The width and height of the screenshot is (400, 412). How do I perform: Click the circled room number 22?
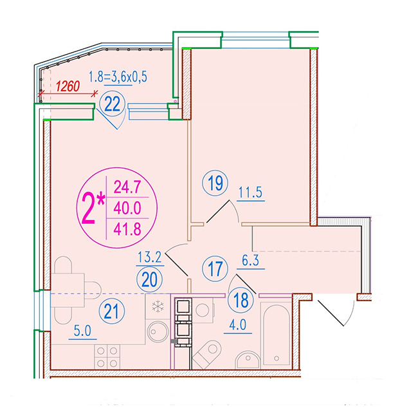tap(113, 104)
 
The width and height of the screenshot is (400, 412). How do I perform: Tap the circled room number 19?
tap(215, 183)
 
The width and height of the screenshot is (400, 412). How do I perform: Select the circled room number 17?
tap(215, 268)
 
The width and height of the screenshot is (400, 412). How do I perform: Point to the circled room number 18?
tap(241, 300)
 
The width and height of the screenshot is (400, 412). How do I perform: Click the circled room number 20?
tap(149, 279)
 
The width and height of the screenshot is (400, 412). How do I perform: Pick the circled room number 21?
tap(112, 311)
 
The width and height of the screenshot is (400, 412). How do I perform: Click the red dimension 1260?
tap(68, 86)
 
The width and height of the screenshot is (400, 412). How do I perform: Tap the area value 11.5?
tap(250, 192)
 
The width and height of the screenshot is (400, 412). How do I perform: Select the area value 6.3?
tap(250, 260)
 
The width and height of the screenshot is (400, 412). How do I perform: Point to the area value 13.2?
tap(149, 257)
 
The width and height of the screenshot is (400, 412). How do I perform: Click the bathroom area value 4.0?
tap(237, 325)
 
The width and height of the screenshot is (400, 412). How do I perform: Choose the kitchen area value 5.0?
tap(82, 331)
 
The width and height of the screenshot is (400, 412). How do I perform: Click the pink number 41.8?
tap(127, 229)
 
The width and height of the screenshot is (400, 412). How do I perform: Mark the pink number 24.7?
tap(127, 187)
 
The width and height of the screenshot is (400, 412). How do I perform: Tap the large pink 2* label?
tap(93, 208)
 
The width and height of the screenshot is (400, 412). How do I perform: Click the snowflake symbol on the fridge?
tap(158, 306)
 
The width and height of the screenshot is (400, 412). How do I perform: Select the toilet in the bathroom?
tap(207, 355)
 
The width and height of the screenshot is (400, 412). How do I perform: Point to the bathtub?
tap(276, 335)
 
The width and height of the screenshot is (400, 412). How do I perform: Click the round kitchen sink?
tap(158, 332)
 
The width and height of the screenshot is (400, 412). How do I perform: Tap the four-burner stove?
tap(107, 357)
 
